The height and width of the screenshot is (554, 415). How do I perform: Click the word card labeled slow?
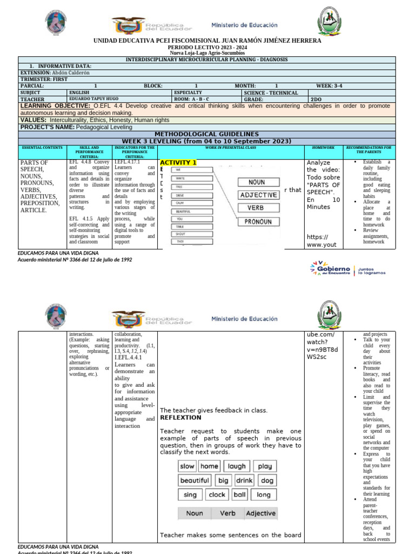[x=187, y=466]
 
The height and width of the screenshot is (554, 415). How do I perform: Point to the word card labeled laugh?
[x=236, y=466]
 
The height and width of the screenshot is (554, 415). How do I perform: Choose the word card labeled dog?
[x=266, y=480]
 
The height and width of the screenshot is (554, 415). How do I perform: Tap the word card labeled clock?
[x=217, y=494]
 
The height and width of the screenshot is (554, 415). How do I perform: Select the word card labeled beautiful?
[x=195, y=480]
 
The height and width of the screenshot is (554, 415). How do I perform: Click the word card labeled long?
[x=264, y=494]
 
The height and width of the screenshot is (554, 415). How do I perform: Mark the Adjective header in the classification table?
[x=260, y=513]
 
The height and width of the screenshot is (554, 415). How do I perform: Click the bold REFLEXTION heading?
[x=180, y=418]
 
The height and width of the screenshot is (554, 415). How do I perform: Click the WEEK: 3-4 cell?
[x=332, y=85]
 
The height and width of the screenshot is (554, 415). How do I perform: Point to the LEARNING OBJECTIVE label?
[x=56, y=106]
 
